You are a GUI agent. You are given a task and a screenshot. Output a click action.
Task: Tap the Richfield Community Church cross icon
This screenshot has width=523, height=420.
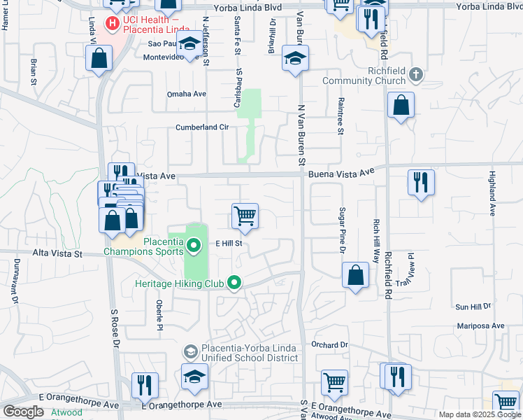click(416, 73)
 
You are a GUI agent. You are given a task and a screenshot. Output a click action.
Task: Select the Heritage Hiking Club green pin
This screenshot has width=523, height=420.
click(234, 283)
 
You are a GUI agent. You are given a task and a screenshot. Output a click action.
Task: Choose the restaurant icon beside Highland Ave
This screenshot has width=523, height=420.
click(421, 183)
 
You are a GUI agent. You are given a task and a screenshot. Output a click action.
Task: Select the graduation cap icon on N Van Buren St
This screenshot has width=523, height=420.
click(296, 58)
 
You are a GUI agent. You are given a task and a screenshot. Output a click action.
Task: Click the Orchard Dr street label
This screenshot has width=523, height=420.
click(329, 344)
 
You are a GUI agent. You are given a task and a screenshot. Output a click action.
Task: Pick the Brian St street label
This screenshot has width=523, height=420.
click(34, 71)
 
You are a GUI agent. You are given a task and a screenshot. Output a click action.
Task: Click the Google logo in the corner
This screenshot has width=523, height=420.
click(22, 412)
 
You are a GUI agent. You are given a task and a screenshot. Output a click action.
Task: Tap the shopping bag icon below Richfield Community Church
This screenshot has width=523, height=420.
click(401, 106)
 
